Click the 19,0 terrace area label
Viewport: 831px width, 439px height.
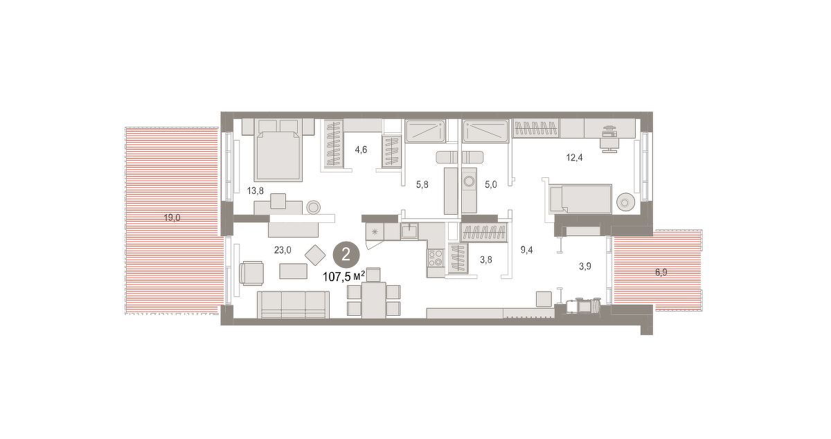pyautogui.click(x=172, y=218)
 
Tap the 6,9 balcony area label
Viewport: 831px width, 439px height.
pyautogui.click(x=661, y=272)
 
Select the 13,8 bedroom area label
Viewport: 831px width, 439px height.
pyautogui.click(x=256, y=190)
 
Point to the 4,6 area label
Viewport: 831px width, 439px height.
pyautogui.click(x=361, y=150)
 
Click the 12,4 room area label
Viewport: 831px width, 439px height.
pyautogui.click(x=574, y=158)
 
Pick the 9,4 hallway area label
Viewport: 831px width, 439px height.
pyautogui.click(x=526, y=250)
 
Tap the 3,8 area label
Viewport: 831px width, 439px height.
pyautogui.click(x=486, y=260)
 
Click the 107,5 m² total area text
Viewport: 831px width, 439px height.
pyautogui.click(x=344, y=276)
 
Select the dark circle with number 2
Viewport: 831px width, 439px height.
pyautogui.click(x=346, y=255)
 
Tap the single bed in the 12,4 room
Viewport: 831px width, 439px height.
pyautogui.click(x=580, y=199)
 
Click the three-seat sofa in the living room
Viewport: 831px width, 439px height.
pyautogui.click(x=293, y=305)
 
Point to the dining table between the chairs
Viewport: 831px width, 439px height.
pyautogui.click(x=373, y=300)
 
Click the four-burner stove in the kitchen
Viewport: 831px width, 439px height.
pyautogui.click(x=436, y=258)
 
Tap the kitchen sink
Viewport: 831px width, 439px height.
pyautogui.click(x=409, y=231)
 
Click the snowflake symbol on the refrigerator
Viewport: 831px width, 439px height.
pyautogui.click(x=375, y=232)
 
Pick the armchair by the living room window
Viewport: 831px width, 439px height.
pyautogui.click(x=251, y=274)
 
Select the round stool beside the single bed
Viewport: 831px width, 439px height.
pyautogui.click(x=625, y=203)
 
